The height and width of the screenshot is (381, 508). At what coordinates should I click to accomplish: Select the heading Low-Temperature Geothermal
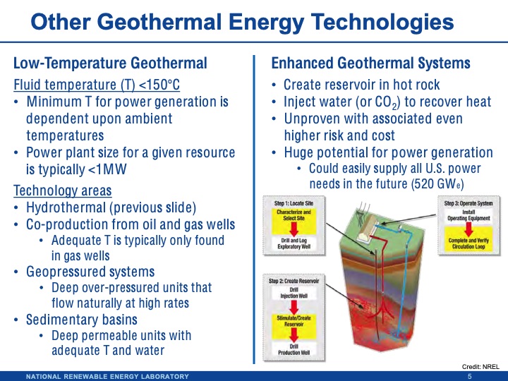[x=109, y=64]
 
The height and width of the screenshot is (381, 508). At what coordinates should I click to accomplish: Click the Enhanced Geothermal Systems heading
[x=370, y=64]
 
